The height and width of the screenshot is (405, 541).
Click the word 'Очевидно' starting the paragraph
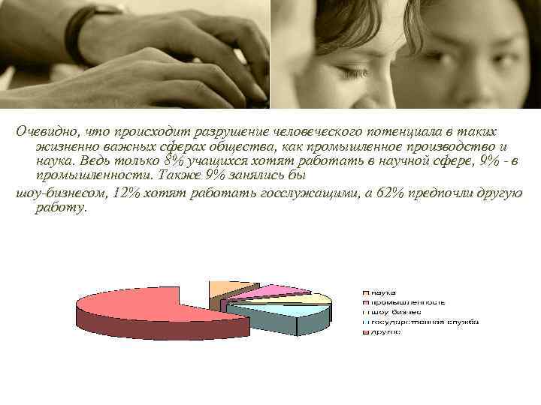click(x=46, y=131)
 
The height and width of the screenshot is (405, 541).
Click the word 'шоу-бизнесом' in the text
click(x=61, y=193)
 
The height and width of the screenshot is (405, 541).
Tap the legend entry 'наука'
click(x=382, y=292)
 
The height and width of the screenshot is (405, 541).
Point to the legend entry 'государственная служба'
click(x=422, y=322)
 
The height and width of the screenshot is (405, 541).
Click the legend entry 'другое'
click(x=384, y=331)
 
